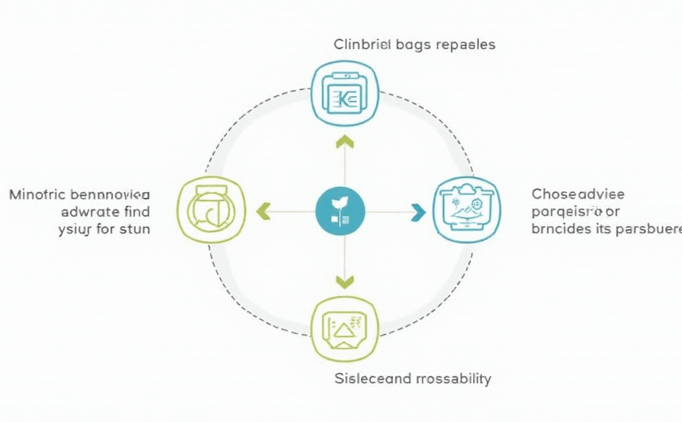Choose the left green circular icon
211,211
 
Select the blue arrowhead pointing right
418,212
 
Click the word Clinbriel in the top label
362,45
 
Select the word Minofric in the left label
38,195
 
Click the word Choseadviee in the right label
578,195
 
